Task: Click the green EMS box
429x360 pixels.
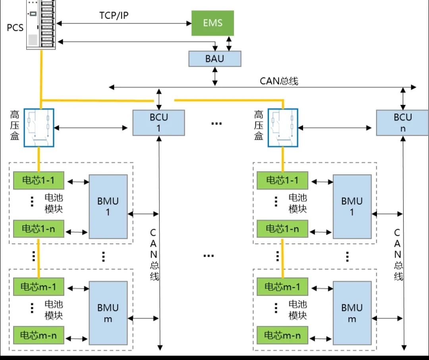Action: [x=213, y=23]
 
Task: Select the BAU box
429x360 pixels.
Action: [x=214, y=59]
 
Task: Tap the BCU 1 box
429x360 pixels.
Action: [x=158, y=123]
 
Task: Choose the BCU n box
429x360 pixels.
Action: [x=403, y=123]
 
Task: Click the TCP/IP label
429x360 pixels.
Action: [x=114, y=16]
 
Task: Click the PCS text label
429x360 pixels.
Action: [x=15, y=28]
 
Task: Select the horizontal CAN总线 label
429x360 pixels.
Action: [x=279, y=81]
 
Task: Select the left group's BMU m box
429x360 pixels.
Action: [x=108, y=313]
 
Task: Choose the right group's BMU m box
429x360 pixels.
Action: [x=352, y=313]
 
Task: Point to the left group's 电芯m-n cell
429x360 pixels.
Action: [x=39, y=335]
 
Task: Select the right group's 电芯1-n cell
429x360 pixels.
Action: [x=282, y=229]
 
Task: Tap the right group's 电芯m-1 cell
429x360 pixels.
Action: [x=282, y=287]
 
